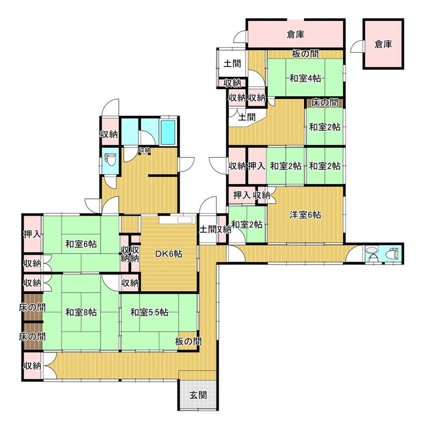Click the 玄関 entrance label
198,396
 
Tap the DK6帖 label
169,254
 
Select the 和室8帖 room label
81,312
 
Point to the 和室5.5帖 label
149,312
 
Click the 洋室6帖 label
305,214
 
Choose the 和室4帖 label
305,79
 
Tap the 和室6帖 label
81,244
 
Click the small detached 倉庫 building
384,44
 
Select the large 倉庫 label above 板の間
296,35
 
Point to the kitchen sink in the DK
186,220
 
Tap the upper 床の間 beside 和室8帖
32,307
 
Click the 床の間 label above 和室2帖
324,103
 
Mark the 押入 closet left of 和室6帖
32,234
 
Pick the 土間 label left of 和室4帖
232,64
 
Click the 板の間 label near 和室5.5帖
188,342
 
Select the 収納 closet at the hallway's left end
32,366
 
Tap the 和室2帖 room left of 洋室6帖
247,224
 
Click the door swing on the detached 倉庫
357,46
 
